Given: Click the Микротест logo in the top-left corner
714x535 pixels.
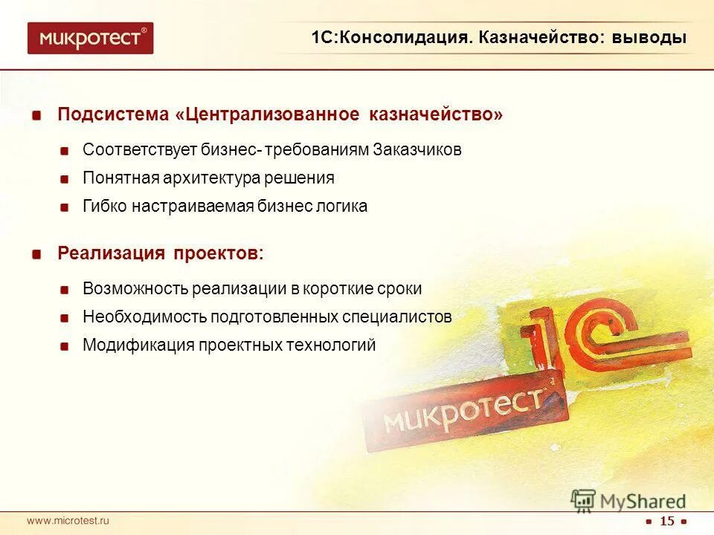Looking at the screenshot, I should [x=90, y=38].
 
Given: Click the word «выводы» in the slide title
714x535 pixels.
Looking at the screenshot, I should [x=649, y=38].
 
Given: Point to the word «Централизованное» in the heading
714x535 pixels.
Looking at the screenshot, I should [x=274, y=115].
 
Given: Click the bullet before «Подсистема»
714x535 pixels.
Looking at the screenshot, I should [x=36, y=116].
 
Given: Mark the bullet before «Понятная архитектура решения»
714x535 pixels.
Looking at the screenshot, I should [x=66, y=179].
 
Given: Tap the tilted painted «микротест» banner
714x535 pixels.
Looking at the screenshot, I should [x=465, y=412].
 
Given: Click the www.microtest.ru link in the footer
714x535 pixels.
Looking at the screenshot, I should [x=68, y=521].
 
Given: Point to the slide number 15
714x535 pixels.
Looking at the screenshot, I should [x=667, y=521].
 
